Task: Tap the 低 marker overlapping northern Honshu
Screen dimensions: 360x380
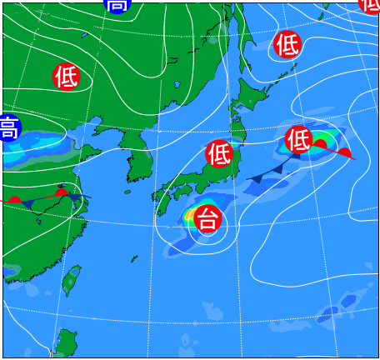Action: click(219, 153)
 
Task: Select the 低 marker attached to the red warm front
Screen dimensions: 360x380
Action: click(298, 139)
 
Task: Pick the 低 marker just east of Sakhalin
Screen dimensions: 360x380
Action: click(287, 42)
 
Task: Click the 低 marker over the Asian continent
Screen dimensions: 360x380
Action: click(66, 77)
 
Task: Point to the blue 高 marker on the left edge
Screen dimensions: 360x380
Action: click(7, 127)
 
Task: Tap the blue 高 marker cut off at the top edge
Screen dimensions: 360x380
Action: click(117, 4)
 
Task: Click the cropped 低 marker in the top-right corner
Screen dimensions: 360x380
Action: click(372, 4)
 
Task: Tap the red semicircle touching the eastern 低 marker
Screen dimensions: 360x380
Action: click(319, 144)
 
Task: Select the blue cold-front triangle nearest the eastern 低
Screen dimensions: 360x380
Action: click(277, 168)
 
